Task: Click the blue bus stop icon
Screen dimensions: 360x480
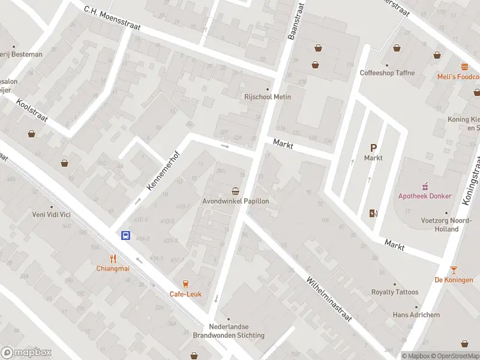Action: [126, 236]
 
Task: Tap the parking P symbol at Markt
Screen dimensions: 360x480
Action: [373, 148]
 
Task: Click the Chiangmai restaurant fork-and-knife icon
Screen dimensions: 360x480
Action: [113, 259]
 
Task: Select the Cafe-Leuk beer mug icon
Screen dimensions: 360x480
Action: [185, 284]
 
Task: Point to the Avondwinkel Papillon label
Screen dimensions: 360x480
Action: [235, 202]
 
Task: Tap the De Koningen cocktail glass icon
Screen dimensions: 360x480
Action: [454, 270]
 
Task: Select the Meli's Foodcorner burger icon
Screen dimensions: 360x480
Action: [464, 67]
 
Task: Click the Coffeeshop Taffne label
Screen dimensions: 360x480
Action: [387, 73]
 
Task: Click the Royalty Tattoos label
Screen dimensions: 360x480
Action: [394, 293]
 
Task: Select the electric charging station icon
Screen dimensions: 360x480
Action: [373, 213]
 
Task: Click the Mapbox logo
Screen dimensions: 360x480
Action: [26, 353]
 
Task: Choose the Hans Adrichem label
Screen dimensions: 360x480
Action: [416, 315]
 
